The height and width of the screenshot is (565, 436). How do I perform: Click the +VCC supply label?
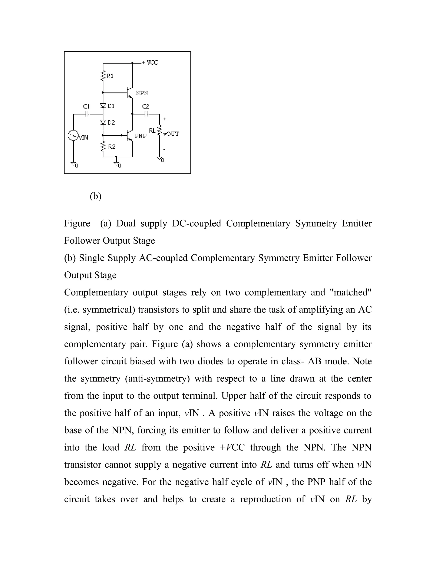click(150, 63)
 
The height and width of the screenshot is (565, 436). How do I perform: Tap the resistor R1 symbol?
click(103, 75)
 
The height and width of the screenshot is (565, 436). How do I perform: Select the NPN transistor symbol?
click(129, 93)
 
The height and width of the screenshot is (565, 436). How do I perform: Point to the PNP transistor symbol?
click(129, 136)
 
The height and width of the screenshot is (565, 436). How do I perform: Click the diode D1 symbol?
click(103, 106)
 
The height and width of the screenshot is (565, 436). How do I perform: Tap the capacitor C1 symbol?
click(87, 114)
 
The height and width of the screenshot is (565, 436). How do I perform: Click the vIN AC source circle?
click(73, 135)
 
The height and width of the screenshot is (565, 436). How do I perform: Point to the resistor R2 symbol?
click(103, 146)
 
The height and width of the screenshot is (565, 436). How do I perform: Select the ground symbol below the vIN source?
click(74, 164)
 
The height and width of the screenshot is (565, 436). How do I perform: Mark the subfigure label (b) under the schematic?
click(96, 196)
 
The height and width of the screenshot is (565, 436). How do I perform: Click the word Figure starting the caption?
click(77, 223)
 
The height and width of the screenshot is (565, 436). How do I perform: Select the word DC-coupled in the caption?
click(196, 223)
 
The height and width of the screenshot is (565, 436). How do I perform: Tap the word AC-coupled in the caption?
click(163, 258)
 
